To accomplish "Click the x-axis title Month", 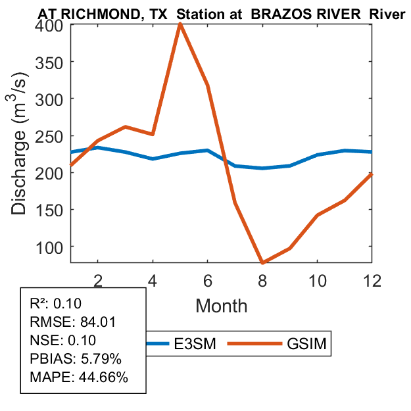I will pyautogui.click(x=221, y=305).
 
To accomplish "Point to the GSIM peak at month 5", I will pyautogui.click(x=180, y=25).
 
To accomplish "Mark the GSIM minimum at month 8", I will pyautogui.click(x=262, y=262).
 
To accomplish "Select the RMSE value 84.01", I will pyautogui.click(x=85, y=322).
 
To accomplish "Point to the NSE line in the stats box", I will pyautogui.click(x=63, y=340).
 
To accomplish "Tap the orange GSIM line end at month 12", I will pyautogui.click(x=372, y=174).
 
